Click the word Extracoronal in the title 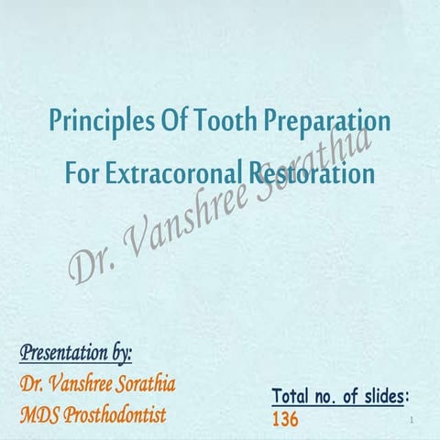(x=168, y=172)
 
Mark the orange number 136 (x=286, y=419)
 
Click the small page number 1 (x=415, y=421)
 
